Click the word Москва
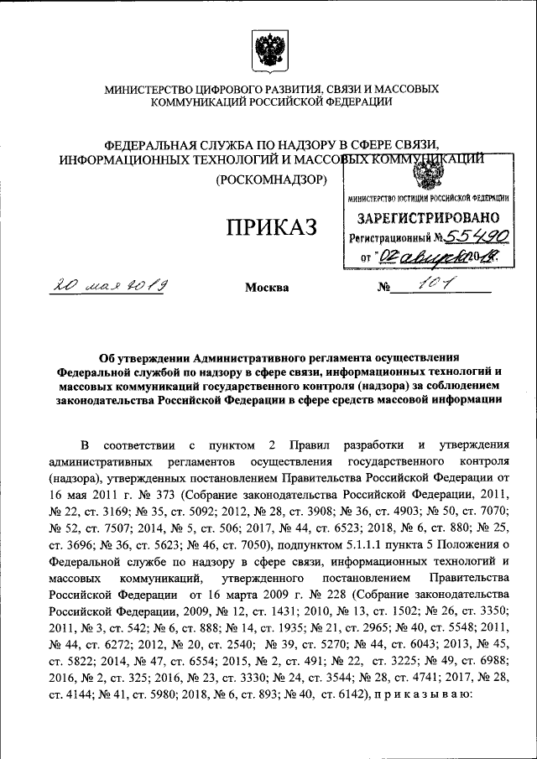pos(267,288)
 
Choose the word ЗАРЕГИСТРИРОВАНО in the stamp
pos(428,218)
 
